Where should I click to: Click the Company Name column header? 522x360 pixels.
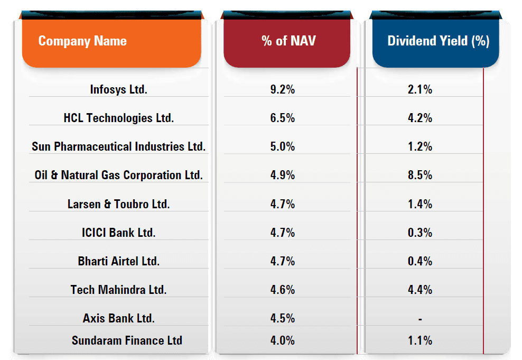[x=82, y=41]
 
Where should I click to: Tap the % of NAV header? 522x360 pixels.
[x=288, y=41]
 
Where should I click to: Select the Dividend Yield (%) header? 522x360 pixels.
[x=438, y=41]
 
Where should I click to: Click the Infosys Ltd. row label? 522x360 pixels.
[x=118, y=89]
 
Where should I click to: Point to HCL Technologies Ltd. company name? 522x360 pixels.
[x=118, y=118]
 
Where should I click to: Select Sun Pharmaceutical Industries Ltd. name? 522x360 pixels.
[x=118, y=146]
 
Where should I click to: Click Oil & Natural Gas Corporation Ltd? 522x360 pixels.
[x=118, y=175]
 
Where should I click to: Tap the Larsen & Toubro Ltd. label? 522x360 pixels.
[x=118, y=204]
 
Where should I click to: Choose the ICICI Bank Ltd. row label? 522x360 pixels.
[x=118, y=233]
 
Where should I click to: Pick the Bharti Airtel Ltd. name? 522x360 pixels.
[x=118, y=261]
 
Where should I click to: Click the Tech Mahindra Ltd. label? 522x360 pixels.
[x=118, y=290]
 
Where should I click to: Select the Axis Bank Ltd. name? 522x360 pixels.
[x=118, y=318]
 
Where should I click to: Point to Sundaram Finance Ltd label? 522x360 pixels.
[x=127, y=340]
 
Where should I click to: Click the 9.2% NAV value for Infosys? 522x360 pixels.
[x=282, y=89]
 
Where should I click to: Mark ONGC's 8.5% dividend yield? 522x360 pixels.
[x=420, y=175]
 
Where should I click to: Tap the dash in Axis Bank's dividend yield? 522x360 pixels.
[x=420, y=319]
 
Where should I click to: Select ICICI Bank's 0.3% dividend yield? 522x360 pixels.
[x=420, y=233]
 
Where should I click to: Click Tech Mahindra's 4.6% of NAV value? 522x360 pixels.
[x=282, y=290]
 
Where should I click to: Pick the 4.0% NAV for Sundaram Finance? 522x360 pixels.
[x=282, y=340]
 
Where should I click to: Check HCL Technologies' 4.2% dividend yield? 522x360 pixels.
[x=420, y=118]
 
